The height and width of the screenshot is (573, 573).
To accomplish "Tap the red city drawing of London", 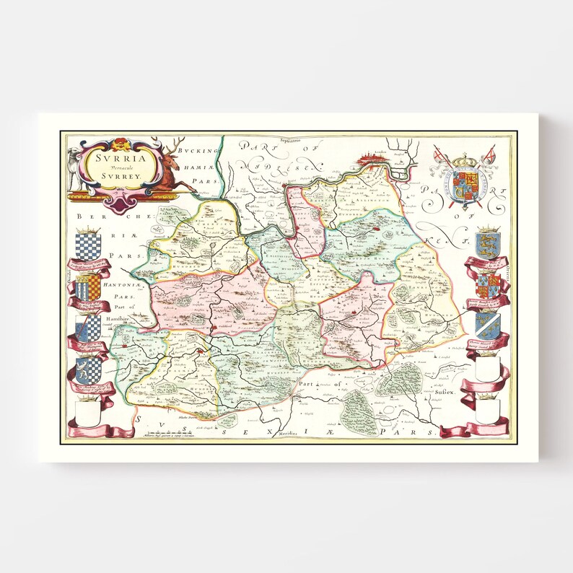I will (x=372, y=157).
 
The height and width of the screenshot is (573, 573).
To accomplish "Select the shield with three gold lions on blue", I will (x=487, y=244).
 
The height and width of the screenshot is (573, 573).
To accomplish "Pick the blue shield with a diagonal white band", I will (x=487, y=325).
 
